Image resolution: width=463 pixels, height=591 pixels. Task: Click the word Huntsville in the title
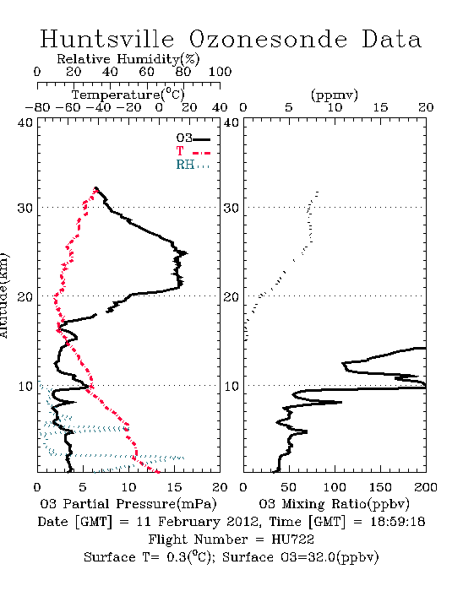pyautogui.click(x=107, y=39)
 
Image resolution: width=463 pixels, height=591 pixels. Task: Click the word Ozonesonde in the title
pyautogui.click(x=268, y=39)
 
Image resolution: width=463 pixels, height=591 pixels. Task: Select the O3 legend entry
pyautogui.click(x=193, y=138)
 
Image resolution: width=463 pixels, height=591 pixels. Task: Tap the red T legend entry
pyautogui.click(x=193, y=151)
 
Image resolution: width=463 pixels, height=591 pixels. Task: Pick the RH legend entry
pyautogui.click(x=193, y=165)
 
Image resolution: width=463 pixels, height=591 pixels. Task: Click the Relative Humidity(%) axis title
pyautogui.click(x=128, y=59)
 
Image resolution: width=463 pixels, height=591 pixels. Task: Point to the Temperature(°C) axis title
pyautogui.click(x=128, y=95)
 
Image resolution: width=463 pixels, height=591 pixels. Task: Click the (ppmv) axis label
pyautogui.click(x=335, y=95)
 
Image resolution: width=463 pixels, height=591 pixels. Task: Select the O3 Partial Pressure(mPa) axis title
pyautogui.click(x=128, y=504)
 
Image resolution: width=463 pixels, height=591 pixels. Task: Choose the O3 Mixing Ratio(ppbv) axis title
pyautogui.click(x=334, y=504)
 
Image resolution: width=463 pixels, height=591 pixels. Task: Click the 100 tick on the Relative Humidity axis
pyautogui.click(x=220, y=72)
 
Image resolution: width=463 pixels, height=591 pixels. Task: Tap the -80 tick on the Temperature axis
pyautogui.click(x=37, y=107)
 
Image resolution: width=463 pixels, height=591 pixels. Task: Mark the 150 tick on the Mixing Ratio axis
pyautogui.click(x=380, y=487)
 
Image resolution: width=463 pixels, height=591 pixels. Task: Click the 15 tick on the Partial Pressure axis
pyautogui.click(x=174, y=487)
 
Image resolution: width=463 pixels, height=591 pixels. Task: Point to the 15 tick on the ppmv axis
pyautogui.click(x=380, y=107)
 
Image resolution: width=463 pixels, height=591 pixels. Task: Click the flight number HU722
pyautogui.click(x=292, y=539)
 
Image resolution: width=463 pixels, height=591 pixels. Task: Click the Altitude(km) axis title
pyautogui.click(x=3, y=295)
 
